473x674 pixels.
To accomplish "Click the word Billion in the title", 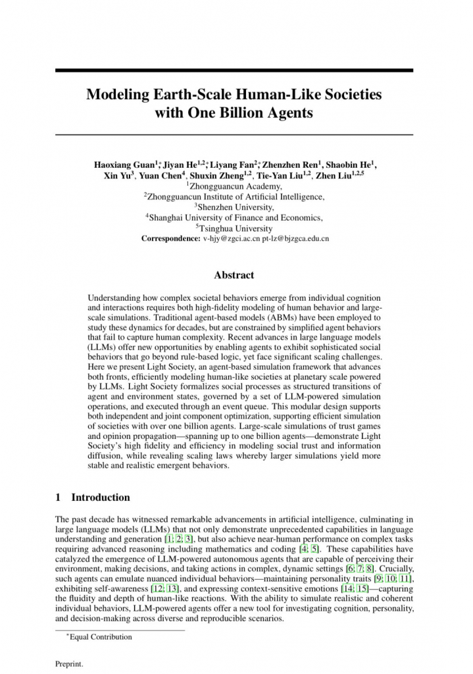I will (247, 113).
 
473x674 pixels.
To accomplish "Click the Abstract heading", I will (234, 275).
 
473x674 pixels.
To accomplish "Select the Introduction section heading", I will (100, 498).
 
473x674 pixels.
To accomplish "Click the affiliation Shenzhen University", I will (236, 207).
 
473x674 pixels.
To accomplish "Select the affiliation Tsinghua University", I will (236, 228).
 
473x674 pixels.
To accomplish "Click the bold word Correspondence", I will (170, 238).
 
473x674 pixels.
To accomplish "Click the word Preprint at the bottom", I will (69, 664).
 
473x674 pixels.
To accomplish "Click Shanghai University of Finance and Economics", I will (236, 217).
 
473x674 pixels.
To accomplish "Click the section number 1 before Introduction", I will (58, 498).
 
